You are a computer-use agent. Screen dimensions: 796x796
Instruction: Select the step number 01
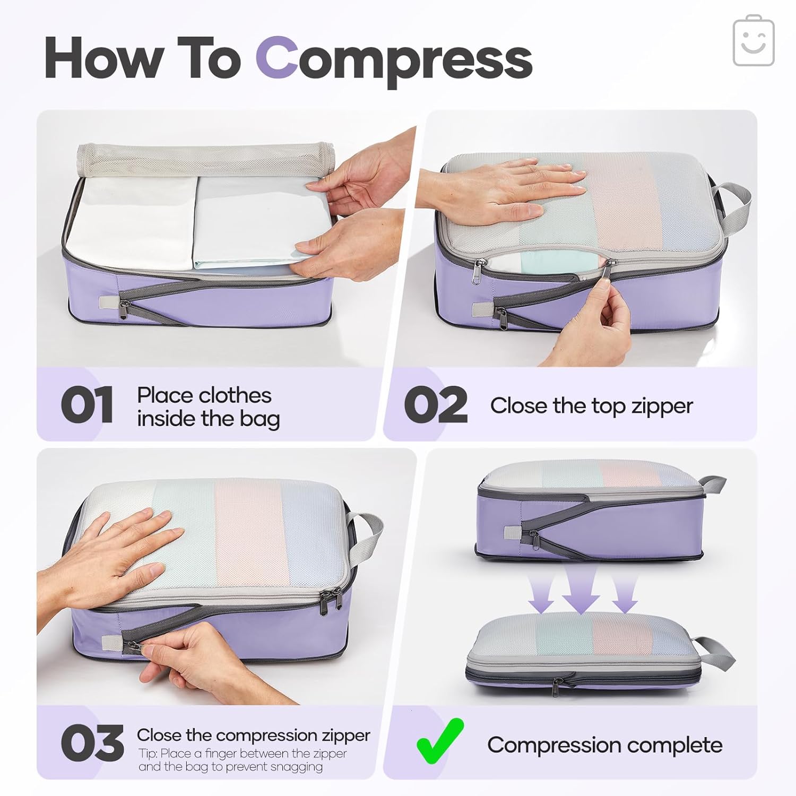tap(86, 405)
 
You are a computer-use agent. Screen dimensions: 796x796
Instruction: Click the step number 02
tap(436, 405)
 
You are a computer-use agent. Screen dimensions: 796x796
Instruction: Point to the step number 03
tap(92, 743)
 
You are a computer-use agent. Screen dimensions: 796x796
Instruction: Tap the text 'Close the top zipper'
tap(591, 406)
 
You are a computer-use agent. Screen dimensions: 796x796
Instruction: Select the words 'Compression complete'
tap(604, 745)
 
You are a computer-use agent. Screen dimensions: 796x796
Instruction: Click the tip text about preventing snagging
tap(243, 760)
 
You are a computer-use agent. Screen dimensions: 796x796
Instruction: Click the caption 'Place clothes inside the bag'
tap(207, 407)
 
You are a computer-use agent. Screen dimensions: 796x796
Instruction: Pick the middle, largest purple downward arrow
tap(581, 589)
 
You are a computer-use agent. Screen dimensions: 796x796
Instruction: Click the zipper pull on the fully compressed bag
tap(555, 687)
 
